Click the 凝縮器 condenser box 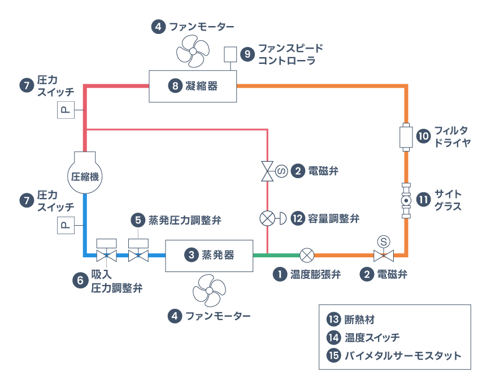click(x=193, y=86)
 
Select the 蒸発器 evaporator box click(x=208, y=255)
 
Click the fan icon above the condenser click(x=193, y=52)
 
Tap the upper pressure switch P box click(x=66, y=110)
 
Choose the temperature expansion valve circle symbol click(x=306, y=255)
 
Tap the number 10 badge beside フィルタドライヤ click(x=423, y=136)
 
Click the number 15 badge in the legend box click(x=333, y=356)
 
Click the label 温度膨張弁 click(x=315, y=275)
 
